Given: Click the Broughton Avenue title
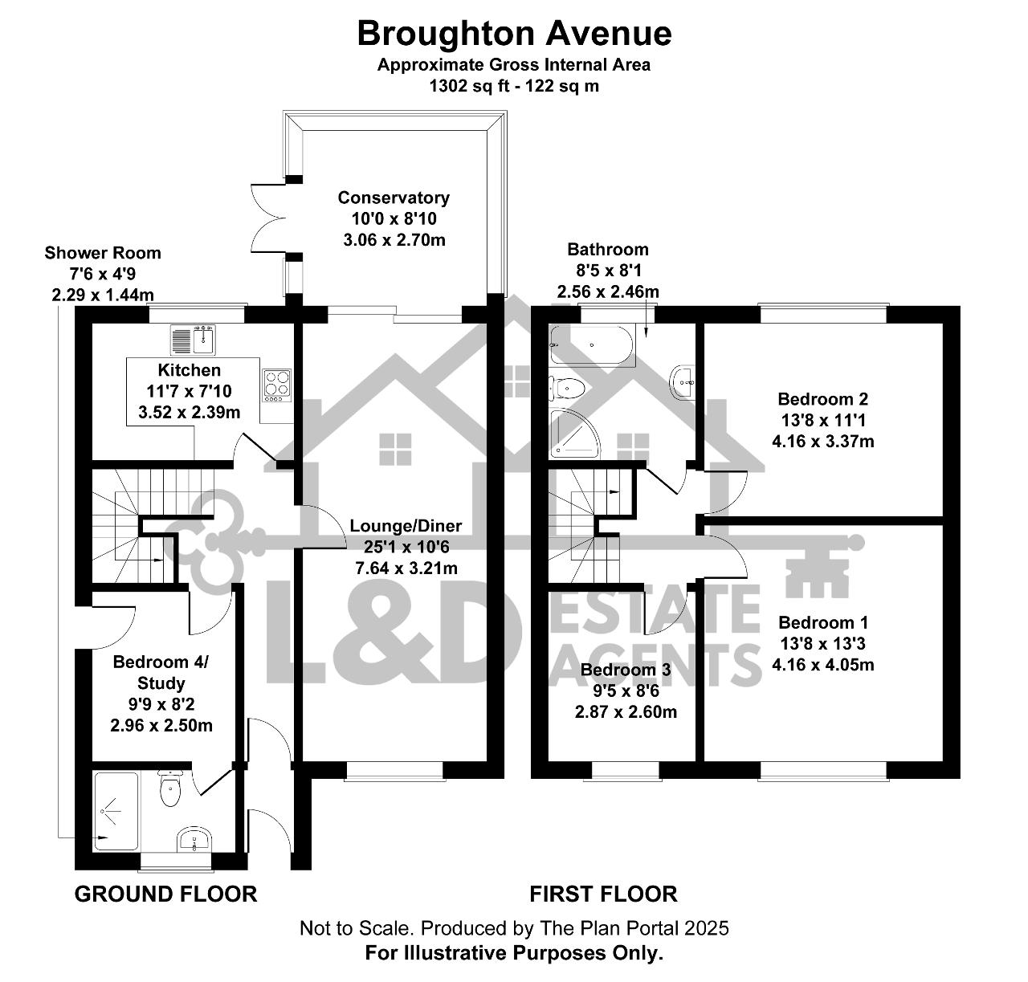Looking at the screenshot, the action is (514, 34).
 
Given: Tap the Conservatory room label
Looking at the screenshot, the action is (394, 198).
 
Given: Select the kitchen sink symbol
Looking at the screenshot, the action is (193, 340).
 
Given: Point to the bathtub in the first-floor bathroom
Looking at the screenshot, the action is (592, 346).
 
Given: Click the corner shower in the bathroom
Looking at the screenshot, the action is (574, 433).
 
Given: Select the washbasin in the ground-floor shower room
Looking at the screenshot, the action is (194, 840).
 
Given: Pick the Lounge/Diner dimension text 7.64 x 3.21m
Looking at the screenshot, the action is (406, 568).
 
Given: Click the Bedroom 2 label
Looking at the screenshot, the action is (822, 399).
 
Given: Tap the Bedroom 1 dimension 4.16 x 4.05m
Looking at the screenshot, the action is (823, 665).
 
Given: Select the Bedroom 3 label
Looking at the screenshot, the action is (626, 670).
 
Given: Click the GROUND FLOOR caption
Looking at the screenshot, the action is (166, 894).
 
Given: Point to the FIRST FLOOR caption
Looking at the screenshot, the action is (603, 894).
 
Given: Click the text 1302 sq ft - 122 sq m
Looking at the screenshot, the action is (514, 86).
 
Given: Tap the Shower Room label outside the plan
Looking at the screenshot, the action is (103, 253).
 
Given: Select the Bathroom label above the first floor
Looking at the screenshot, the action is (607, 250).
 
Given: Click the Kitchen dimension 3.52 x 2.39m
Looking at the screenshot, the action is (189, 412).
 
